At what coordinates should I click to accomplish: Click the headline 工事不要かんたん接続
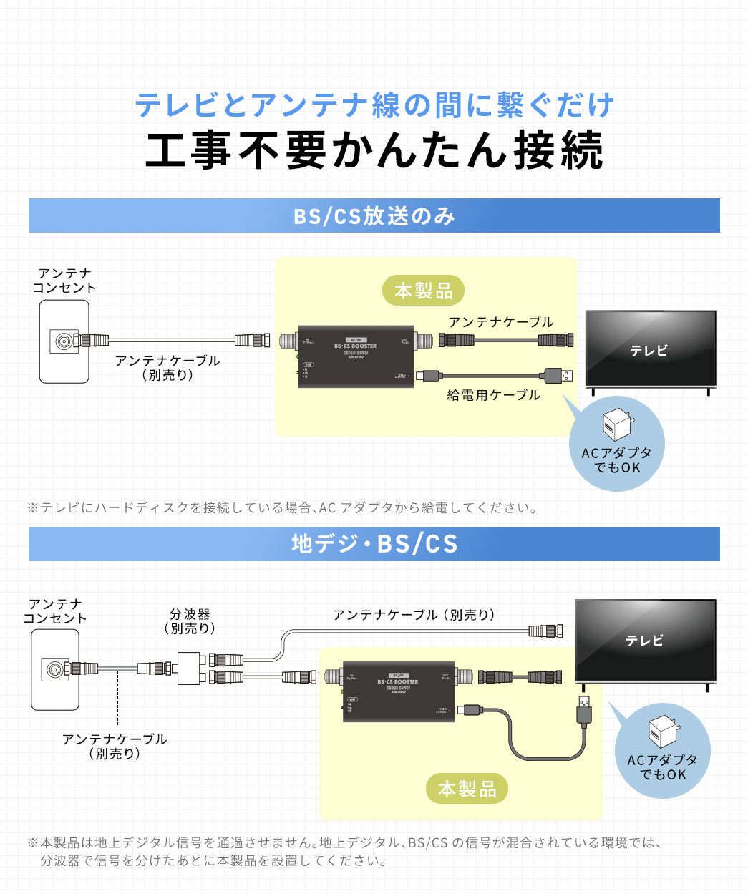click(x=374, y=150)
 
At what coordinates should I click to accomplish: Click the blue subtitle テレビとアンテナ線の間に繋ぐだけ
click(x=374, y=105)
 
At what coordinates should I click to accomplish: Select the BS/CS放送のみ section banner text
click(x=374, y=215)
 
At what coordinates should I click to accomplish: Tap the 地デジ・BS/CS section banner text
click(x=374, y=544)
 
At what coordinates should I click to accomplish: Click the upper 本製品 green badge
click(x=423, y=291)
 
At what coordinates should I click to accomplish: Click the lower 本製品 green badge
click(x=467, y=789)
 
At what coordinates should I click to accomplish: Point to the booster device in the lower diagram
click(x=398, y=691)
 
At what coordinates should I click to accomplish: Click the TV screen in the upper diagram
click(x=650, y=349)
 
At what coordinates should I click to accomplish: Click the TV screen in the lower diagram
click(x=646, y=639)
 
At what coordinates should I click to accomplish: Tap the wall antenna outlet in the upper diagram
click(x=64, y=341)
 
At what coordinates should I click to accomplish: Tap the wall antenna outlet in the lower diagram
click(x=55, y=671)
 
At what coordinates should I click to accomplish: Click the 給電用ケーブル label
click(x=493, y=395)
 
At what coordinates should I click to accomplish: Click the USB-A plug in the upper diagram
click(x=558, y=374)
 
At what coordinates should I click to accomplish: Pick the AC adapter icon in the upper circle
click(x=616, y=425)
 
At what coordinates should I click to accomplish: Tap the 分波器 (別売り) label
click(x=190, y=621)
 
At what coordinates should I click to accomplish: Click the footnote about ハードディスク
click(x=282, y=508)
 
